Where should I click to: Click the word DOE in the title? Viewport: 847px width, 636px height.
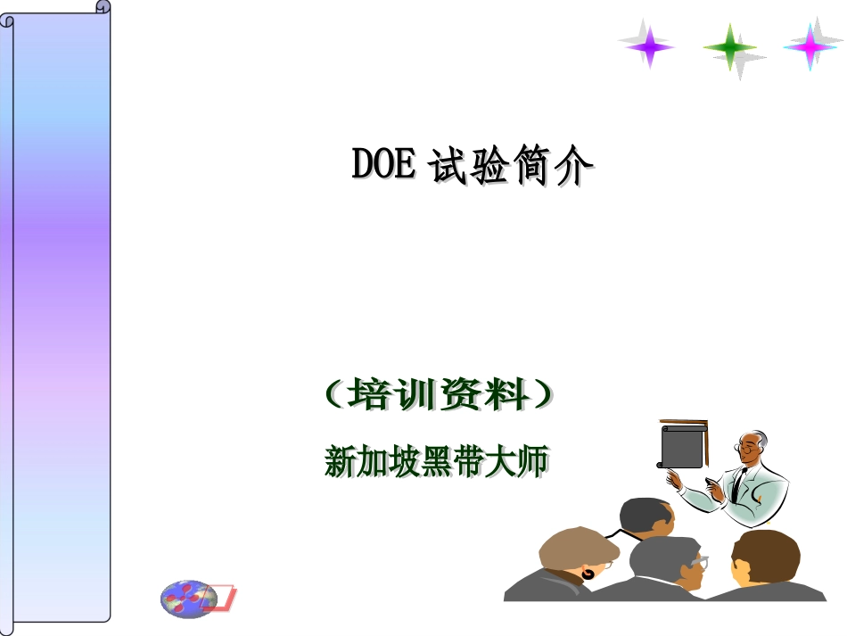pos(383,164)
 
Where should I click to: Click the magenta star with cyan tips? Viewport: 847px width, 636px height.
pos(810,45)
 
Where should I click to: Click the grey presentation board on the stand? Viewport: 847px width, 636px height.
pos(682,446)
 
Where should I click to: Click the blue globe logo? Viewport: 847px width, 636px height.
pos(187,598)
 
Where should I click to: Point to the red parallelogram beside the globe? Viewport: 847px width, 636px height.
pos(222,598)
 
